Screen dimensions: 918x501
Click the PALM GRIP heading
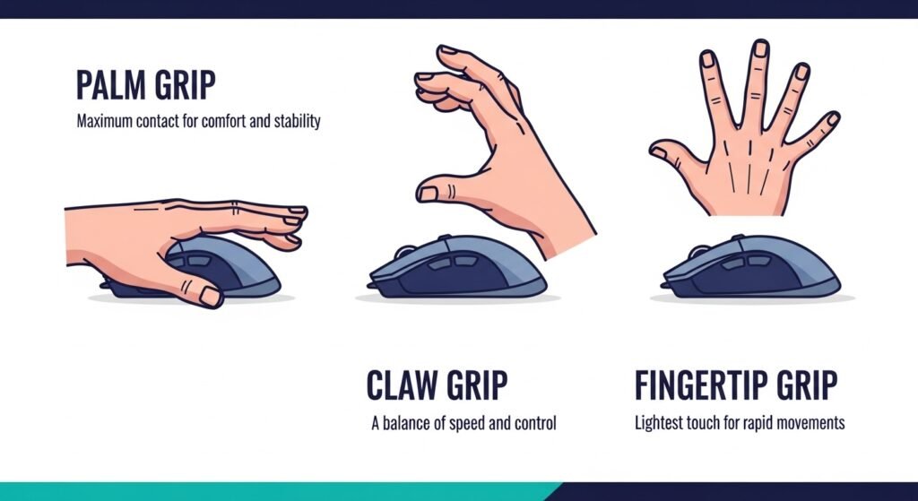click(x=146, y=85)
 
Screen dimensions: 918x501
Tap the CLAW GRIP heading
click(x=437, y=385)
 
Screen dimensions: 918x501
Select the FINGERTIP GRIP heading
click(x=736, y=385)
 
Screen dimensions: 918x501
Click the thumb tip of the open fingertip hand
click(x=657, y=150)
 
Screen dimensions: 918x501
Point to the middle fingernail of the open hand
click(x=760, y=48)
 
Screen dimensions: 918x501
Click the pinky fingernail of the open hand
click(x=832, y=119)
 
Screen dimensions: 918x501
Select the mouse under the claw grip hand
click(x=456, y=266)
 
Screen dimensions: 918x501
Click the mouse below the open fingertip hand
click(x=750, y=266)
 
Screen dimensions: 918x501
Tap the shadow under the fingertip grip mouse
click(x=752, y=298)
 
